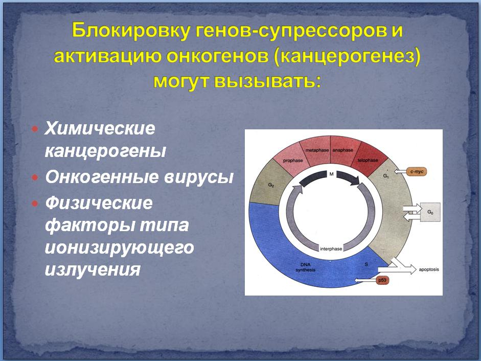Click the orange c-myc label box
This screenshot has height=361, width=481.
(417, 172)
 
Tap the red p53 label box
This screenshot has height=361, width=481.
(382, 280)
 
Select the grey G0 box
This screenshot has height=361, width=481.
(430, 212)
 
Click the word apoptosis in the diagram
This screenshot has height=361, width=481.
(429, 269)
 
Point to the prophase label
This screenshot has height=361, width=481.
(293, 160)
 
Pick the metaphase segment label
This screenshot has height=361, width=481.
(317, 150)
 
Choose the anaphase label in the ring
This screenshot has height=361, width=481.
(342, 150)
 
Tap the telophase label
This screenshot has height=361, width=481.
(368, 160)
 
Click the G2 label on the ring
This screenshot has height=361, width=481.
(271, 185)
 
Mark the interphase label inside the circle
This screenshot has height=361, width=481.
(331, 249)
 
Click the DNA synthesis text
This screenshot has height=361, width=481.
(305, 267)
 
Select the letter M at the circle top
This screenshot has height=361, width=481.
(331, 174)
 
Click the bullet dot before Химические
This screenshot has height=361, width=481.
(35, 129)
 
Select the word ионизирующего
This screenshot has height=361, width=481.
(119, 247)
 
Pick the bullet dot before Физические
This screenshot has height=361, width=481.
(35, 203)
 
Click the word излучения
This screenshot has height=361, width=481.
(93, 269)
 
